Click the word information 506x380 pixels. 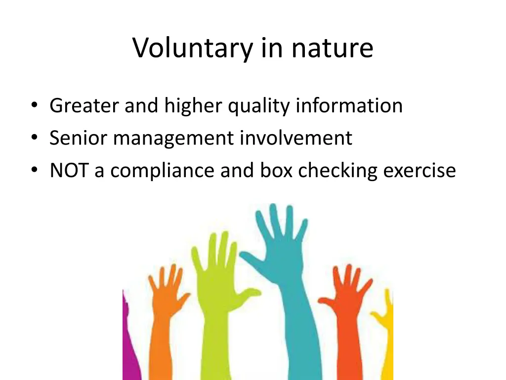(x=349, y=105)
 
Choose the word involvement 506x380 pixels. (x=296, y=138)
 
